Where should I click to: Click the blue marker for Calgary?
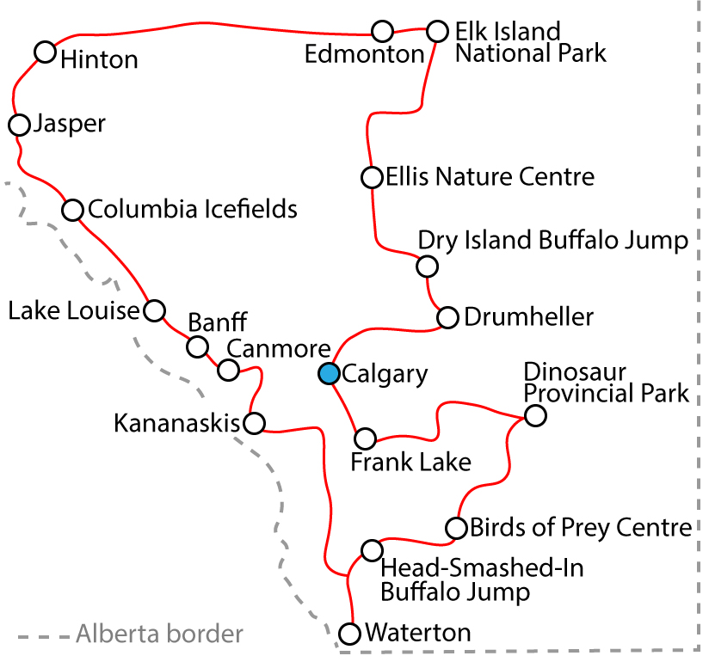[328, 373]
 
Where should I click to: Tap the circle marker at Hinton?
[46, 52]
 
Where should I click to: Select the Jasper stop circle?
[19, 125]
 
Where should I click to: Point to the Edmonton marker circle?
[383, 32]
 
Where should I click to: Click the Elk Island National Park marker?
[437, 32]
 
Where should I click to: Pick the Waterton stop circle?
[349, 634]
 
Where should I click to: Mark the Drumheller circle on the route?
[447, 318]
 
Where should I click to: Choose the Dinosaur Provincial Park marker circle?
[534, 416]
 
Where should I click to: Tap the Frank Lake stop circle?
[366, 438]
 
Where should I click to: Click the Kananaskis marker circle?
[254, 423]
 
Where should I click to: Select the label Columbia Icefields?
[193, 209]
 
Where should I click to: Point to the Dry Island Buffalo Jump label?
[553, 241]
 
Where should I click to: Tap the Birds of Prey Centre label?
[581, 527]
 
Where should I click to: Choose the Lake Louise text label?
[73, 310]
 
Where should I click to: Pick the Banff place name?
[218, 323]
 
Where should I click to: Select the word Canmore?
[279, 349]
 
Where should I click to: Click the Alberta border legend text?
[159, 635]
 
